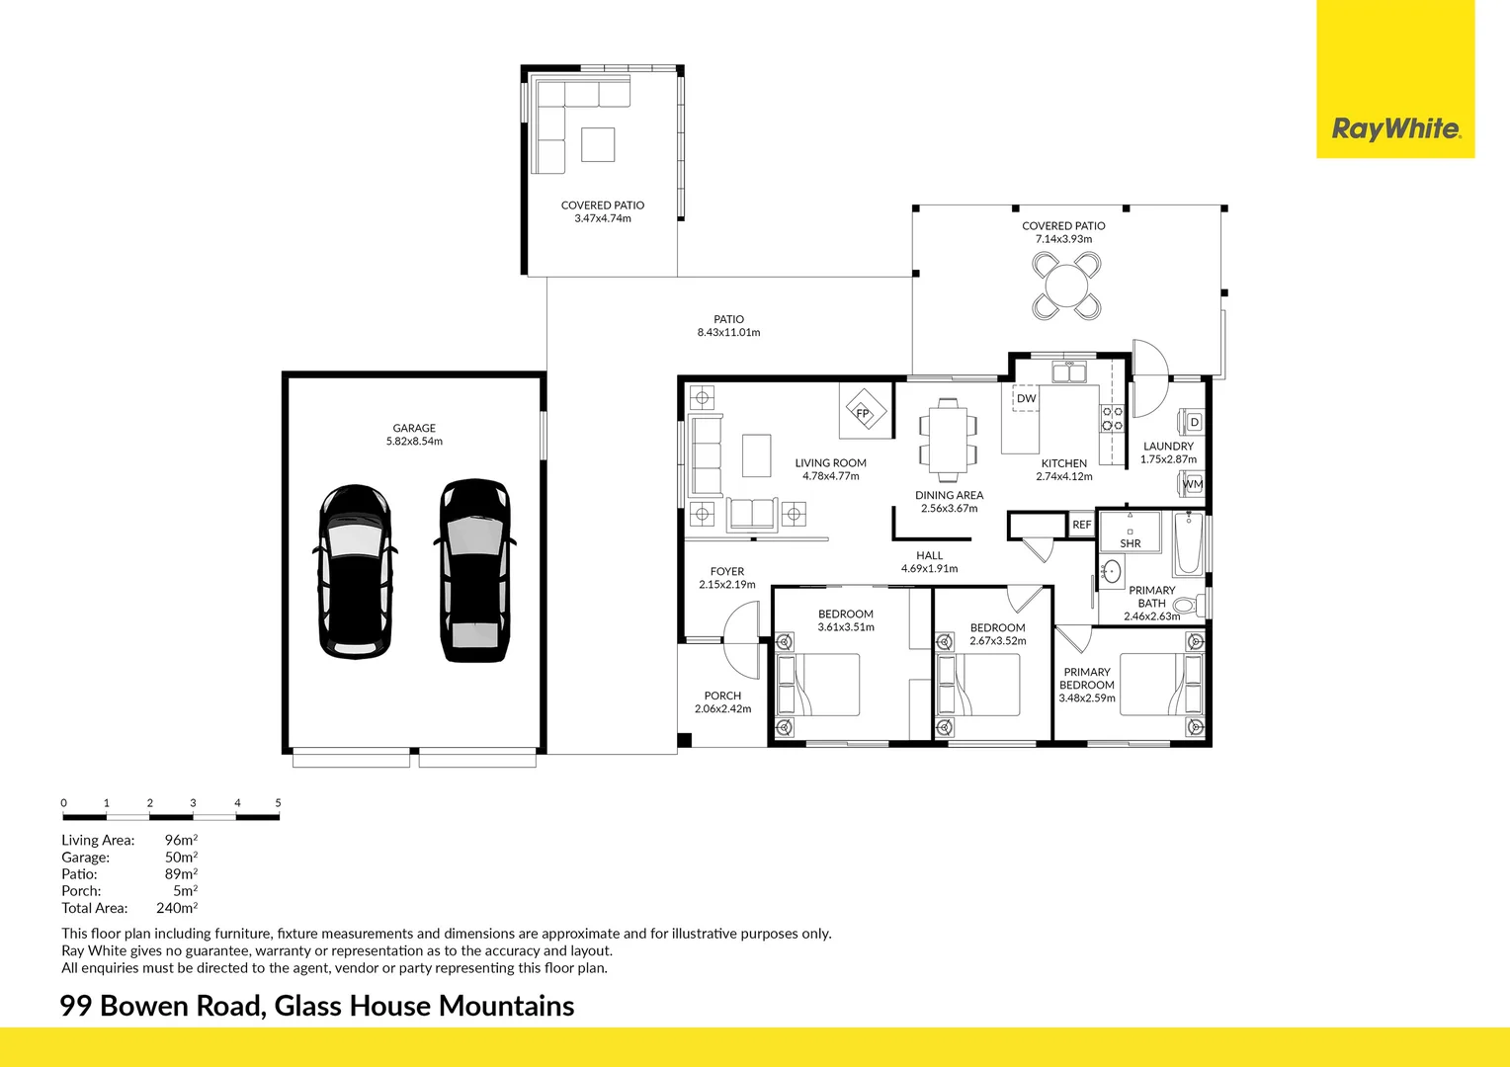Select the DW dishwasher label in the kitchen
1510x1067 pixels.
click(1026, 398)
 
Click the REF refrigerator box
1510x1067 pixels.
click(1081, 525)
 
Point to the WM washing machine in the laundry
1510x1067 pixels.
click(1191, 483)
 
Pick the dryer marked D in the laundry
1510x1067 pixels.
click(1191, 423)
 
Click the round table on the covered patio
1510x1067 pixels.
click(1066, 286)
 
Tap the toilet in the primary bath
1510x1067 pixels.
click(1189, 604)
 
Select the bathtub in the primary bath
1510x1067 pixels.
click(1189, 544)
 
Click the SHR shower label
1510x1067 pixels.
click(1131, 543)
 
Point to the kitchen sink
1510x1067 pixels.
click(1069, 372)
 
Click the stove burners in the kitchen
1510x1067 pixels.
click(1113, 417)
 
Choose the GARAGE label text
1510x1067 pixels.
click(414, 428)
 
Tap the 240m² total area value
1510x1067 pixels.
click(177, 907)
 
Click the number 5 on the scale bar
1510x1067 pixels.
click(278, 803)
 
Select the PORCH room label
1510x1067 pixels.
click(722, 696)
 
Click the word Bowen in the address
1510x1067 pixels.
click(144, 1006)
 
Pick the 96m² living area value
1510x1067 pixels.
click(181, 840)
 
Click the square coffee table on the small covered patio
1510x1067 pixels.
click(598, 144)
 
